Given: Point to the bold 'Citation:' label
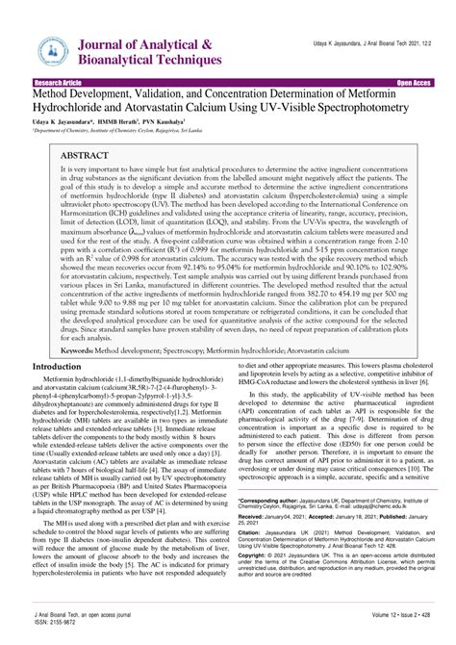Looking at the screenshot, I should click(x=251, y=530).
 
